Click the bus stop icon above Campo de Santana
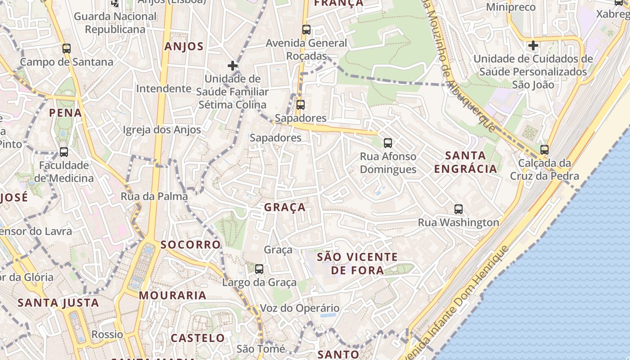(67, 48)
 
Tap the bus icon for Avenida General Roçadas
(306, 30)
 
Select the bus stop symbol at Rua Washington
(459, 209)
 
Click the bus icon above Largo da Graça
(259, 269)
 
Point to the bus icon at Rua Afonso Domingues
(388, 143)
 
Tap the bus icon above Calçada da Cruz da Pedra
(544, 150)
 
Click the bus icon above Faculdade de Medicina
(64, 152)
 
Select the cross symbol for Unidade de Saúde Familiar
(232, 66)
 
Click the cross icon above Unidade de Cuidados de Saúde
(533, 45)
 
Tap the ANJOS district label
(184, 46)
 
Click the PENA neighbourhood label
(66, 112)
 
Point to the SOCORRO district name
(191, 245)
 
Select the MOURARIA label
(172, 296)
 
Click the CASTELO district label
(198, 338)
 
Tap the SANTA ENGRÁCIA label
(471, 162)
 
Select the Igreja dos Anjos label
(162, 130)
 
